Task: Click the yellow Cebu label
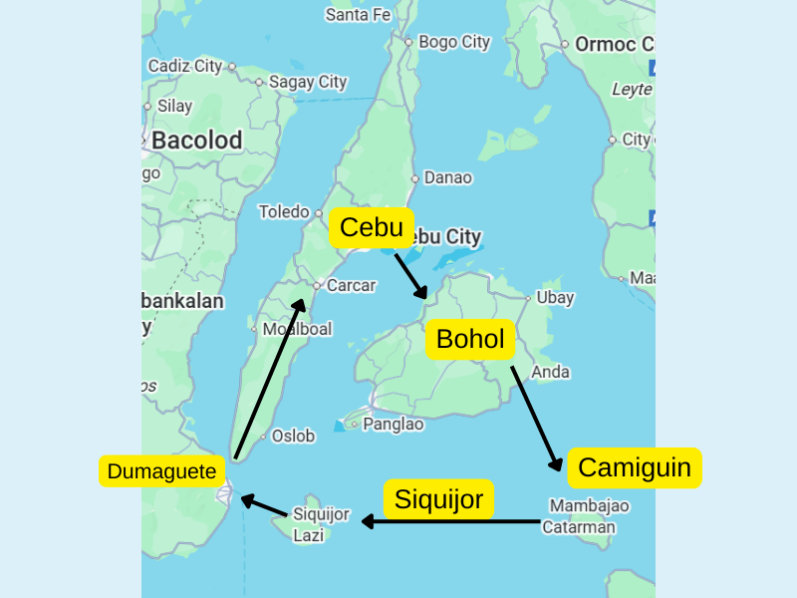pos(371,228)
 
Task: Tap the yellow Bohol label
pos(470,339)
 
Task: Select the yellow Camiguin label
pos(635,467)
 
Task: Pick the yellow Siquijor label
pos(439,498)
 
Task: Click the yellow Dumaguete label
pos(161,471)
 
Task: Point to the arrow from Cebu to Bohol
pos(410,275)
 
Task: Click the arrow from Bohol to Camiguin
pos(537,419)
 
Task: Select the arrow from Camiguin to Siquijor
pos(453,521)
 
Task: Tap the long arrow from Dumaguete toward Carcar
pos(269,379)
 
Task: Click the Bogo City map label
pos(454,42)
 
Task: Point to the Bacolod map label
pos(197,141)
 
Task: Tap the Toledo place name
pos(284,211)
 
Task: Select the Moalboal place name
pos(297,329)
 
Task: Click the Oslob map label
pos(293,436)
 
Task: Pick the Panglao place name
pos(394,424)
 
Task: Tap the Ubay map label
pos(555,297)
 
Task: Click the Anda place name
pos(551,372)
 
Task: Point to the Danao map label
pos(448,177)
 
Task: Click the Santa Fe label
pos(358,14)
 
